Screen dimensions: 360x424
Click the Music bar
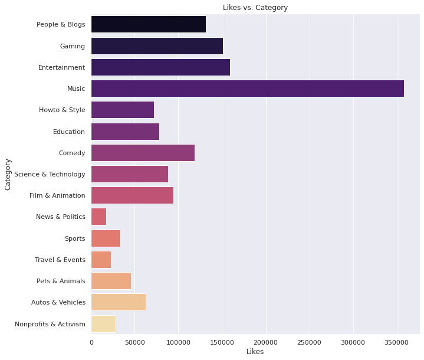248,89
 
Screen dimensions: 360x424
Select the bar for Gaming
157,46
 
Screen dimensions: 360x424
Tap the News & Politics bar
98,217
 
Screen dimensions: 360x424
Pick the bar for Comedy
143,153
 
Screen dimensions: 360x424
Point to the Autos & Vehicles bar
119,302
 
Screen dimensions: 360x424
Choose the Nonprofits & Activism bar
103,323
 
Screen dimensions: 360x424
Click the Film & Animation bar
132,195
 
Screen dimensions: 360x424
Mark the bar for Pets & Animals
111,281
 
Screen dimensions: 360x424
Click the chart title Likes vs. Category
255,8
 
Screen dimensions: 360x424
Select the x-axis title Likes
255,352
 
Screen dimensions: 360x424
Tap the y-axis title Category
8,174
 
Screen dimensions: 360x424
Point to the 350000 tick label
397,342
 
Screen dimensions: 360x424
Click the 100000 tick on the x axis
179,342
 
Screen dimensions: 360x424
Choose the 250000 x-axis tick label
310,342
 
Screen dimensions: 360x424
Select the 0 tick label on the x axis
91,342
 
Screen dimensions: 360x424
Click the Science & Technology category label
50,174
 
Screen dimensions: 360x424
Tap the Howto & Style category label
62,110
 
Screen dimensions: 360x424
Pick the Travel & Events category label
60,260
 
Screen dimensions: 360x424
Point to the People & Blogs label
61,25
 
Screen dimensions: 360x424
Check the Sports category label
75,238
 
